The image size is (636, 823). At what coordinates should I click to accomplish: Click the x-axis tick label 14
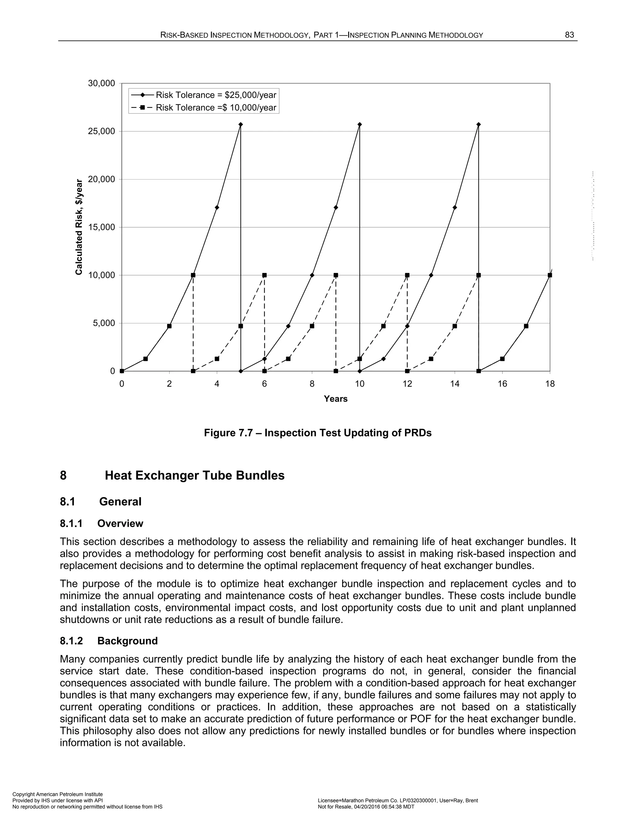[455, 384]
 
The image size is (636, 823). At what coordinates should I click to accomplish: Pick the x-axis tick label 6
[265, 384]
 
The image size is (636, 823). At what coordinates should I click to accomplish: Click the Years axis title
[335, 399]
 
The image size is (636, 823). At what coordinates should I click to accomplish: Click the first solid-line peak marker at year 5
[241, 124]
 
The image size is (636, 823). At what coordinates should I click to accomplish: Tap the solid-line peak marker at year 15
[479, 124]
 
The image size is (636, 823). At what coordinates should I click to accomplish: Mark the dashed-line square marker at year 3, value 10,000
[193, 275]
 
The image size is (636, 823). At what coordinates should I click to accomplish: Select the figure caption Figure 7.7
[318, 433]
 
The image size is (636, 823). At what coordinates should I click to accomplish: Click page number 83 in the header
[569, 35]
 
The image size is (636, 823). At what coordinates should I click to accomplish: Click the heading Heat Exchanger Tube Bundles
[194, 475]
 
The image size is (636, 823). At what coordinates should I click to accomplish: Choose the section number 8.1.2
[71, 641]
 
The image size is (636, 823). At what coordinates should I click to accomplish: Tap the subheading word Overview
[120, 523]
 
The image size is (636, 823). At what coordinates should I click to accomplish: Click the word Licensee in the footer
[329, 800]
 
